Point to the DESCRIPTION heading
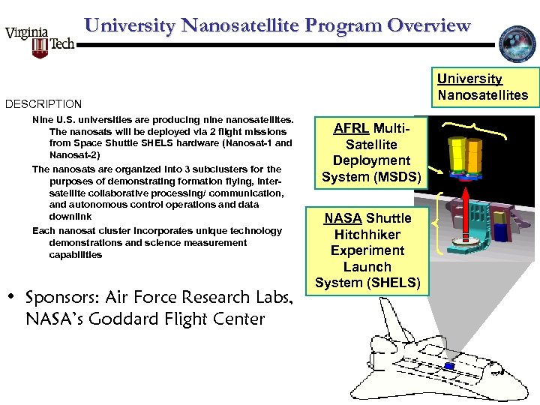click(43, 104)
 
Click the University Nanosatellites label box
click(483, 87)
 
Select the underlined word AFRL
click(351, 128)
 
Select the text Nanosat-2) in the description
click(73, 154)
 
